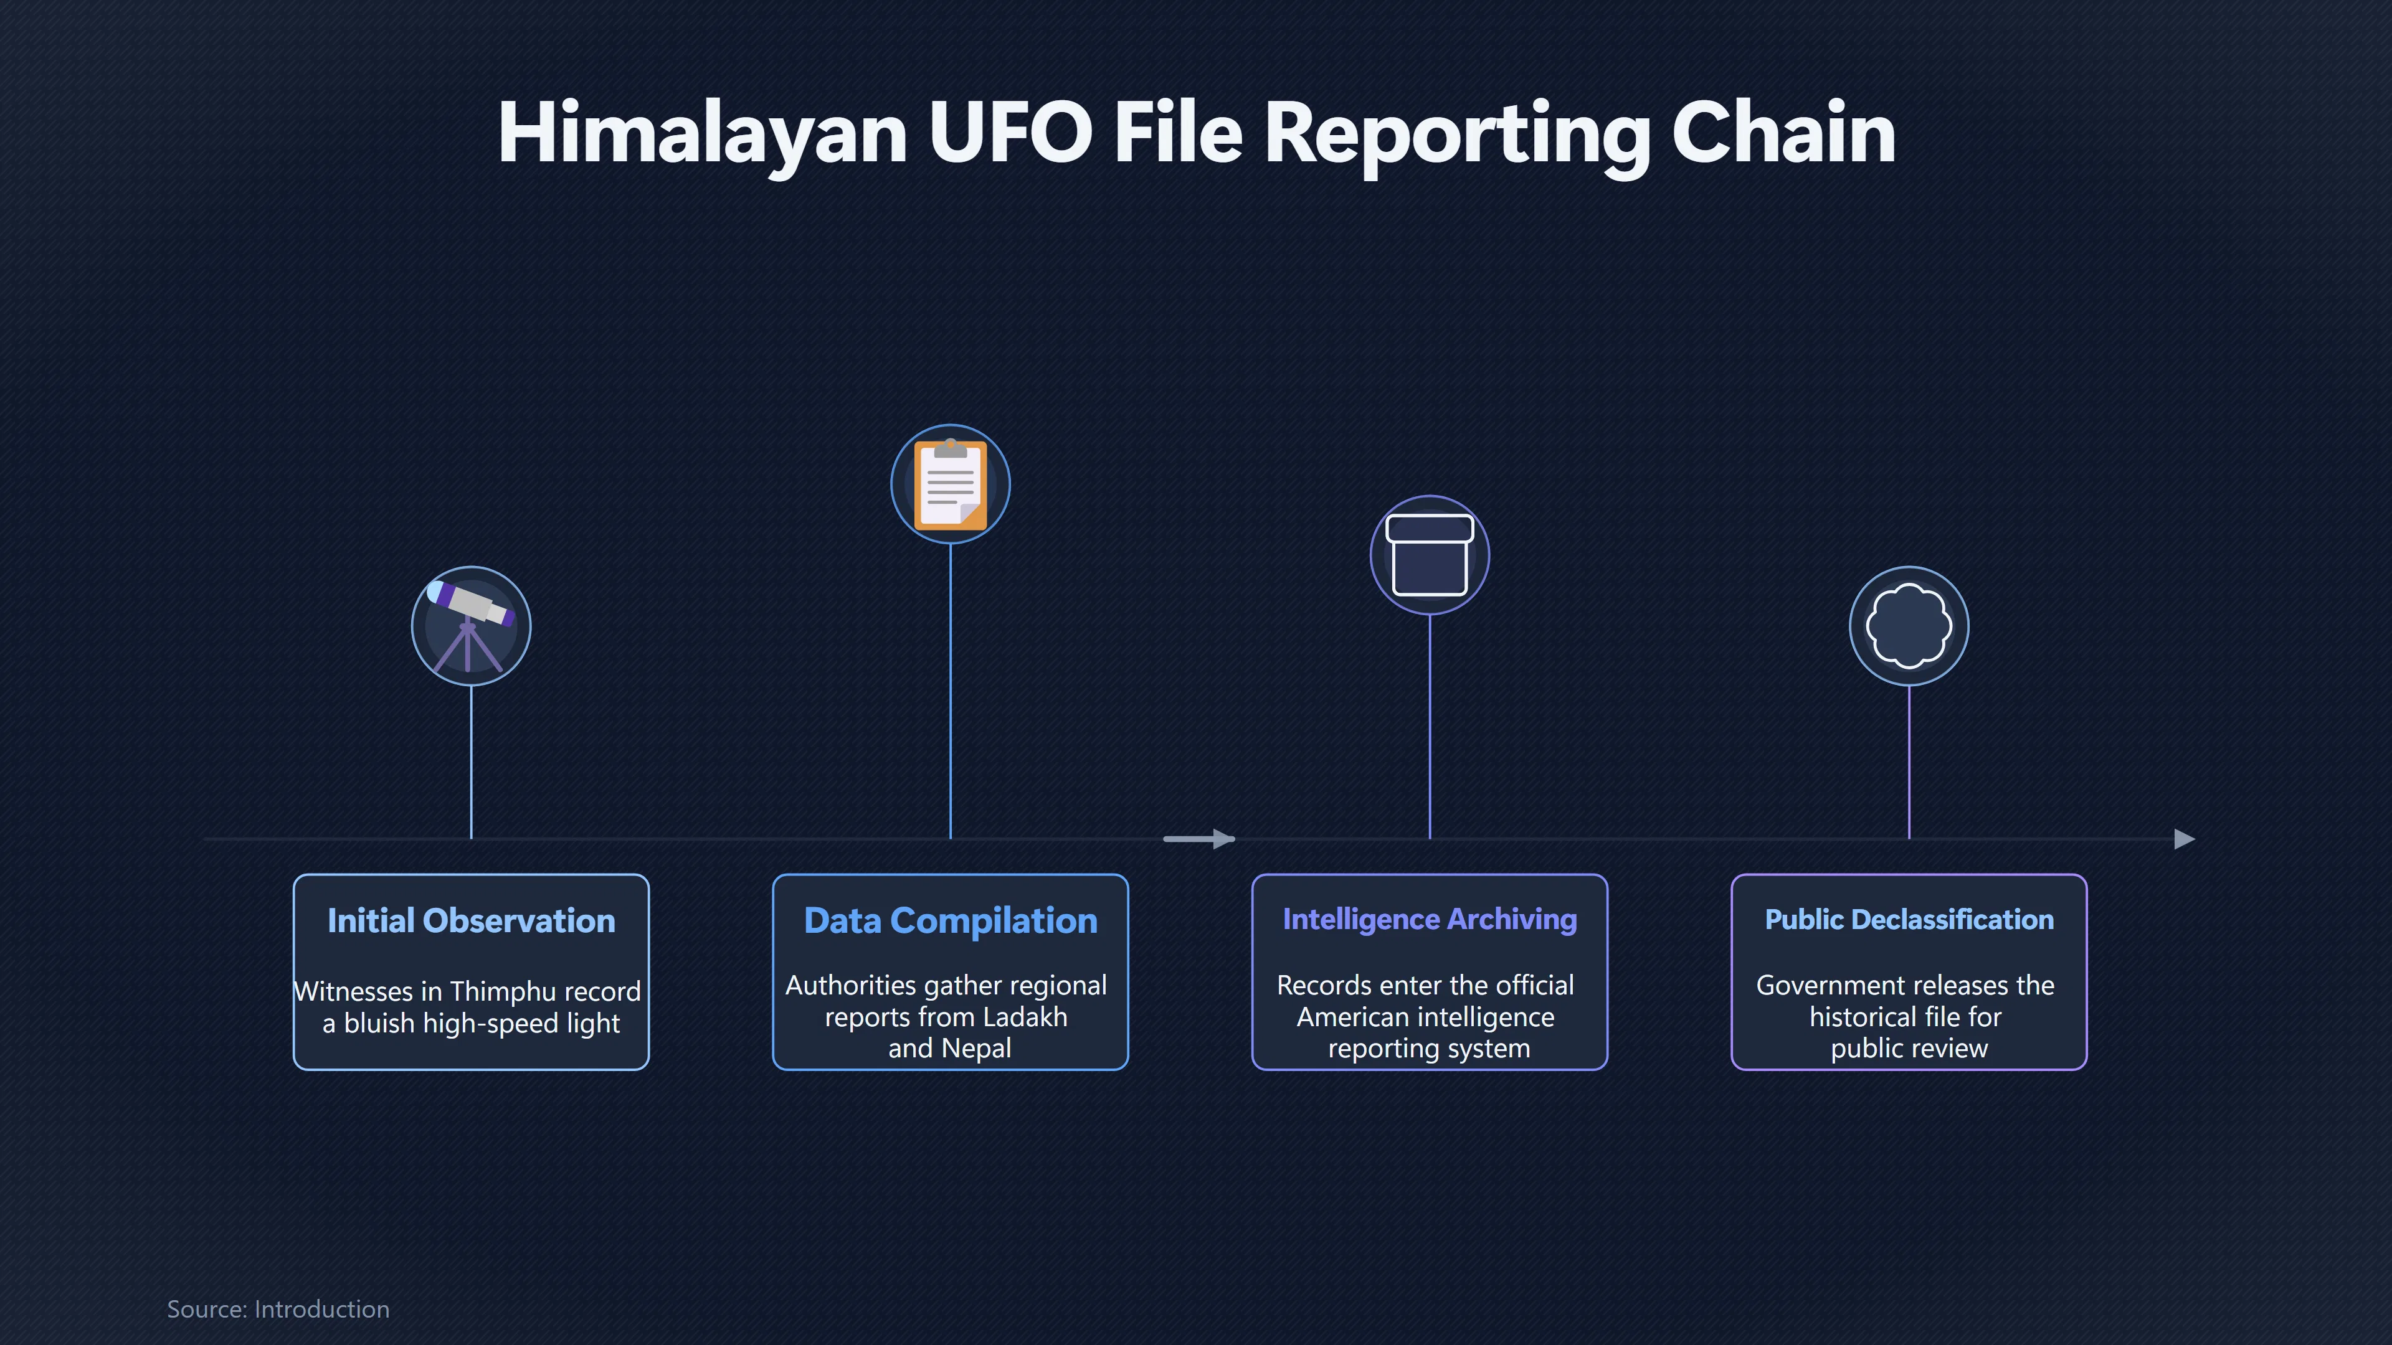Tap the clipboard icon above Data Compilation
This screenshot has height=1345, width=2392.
[950, 484]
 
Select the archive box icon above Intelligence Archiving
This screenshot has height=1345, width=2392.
[1429, 554]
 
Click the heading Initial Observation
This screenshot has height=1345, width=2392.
[471, 920]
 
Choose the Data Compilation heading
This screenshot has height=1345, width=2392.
[950, 920]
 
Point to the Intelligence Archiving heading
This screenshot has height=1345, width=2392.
[1429, 919]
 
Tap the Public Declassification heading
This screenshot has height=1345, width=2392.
[1908, 919]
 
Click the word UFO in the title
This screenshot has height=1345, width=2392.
[1010, 133]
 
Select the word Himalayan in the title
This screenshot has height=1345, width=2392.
[703, 134]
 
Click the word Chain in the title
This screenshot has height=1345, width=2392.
[1783, 133]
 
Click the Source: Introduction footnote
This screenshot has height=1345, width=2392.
[278, 1309]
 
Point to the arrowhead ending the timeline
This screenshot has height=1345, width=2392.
[2185, 839]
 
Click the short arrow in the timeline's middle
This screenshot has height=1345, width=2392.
[1198, 839]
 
